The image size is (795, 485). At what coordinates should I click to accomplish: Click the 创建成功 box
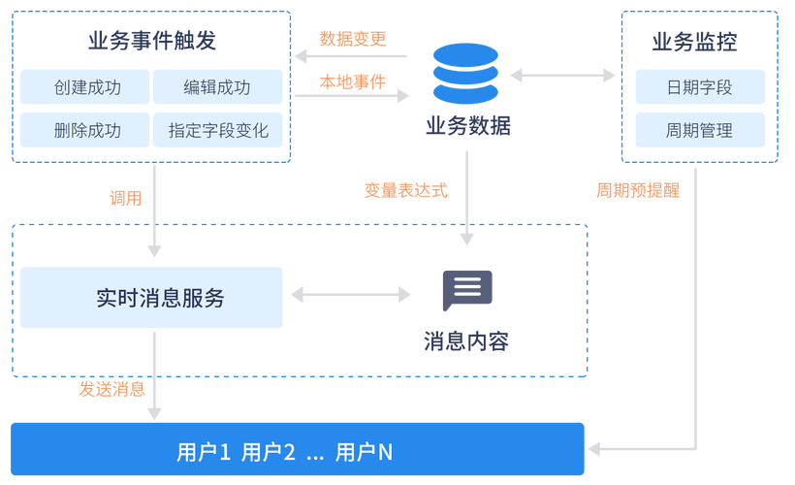pos(85,86)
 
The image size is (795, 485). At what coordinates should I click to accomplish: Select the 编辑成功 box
pos(217,86)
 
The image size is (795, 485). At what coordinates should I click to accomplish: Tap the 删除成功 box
pos(85,130)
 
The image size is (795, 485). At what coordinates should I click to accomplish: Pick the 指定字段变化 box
pos(217,130)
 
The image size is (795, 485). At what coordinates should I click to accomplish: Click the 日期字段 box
pos(699,86)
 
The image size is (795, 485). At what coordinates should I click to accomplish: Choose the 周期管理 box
pos(699,130)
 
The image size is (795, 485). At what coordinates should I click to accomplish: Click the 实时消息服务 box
pos(151,297)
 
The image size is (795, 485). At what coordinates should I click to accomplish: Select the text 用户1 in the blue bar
pos(204,452)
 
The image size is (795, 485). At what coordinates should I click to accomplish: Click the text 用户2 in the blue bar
pos(268,452)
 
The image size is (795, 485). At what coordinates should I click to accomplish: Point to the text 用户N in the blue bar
pos(365,452)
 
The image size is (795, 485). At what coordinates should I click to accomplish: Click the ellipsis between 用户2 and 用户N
pos(314,454)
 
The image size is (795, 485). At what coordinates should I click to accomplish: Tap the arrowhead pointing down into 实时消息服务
pos(153,250)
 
